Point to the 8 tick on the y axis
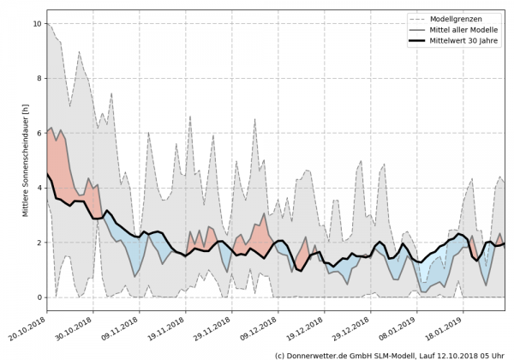point(38,79)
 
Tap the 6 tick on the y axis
point(38,134)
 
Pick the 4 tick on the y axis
point(38,188)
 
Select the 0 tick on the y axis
point(38,297)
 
